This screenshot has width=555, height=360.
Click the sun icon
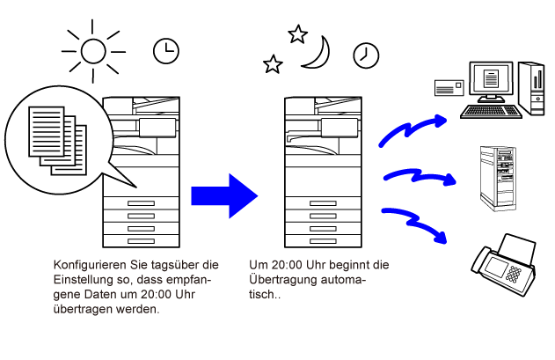tap(92, 50)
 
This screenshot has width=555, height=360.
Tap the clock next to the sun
tap(164, 51)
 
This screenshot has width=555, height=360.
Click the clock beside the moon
tap(365, 54)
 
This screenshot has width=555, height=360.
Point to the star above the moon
tap(297, 34)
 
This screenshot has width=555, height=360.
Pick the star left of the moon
tap(273, 64)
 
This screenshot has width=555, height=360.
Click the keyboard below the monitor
tap(490, 111)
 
